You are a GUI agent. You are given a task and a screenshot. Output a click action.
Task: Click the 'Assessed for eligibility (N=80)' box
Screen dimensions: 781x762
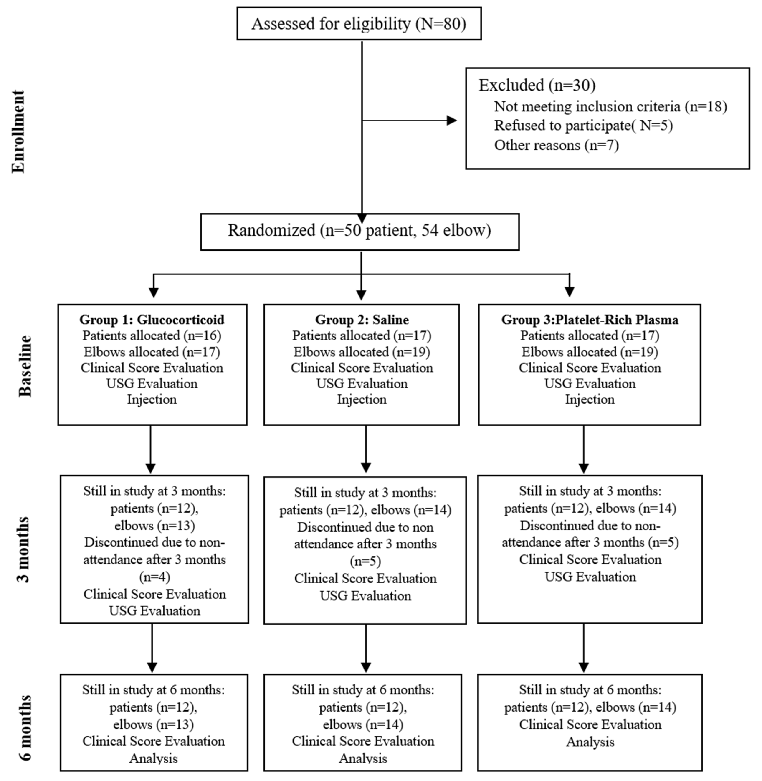(359, 24)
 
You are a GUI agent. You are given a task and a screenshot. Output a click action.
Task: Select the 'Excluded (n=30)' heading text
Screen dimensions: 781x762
(537, 85)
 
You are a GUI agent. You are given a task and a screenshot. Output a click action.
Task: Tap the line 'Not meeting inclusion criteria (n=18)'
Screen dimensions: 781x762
(610, 106)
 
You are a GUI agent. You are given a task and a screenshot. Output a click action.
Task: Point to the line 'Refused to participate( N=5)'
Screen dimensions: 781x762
(583, 126)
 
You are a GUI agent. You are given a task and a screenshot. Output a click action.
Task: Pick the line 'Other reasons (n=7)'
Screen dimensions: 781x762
(556, 145)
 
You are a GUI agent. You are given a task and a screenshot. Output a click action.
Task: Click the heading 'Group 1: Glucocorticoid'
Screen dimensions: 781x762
(152, 320)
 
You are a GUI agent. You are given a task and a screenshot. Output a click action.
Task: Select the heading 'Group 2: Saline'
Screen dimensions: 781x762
(362, 320)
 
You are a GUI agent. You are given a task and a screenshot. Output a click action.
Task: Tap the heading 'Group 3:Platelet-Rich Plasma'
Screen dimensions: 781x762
(590, 320)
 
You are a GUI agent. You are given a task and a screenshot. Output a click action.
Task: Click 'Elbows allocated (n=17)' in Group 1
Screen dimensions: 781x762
(152, 352)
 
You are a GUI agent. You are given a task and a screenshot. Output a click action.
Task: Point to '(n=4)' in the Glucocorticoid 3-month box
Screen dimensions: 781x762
(154, 577)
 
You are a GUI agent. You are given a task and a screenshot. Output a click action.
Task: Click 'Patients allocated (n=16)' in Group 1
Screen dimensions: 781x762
(152, 335)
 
